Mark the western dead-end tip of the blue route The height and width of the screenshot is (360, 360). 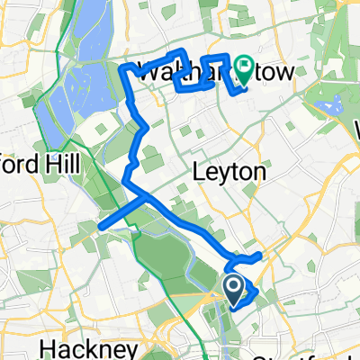(100, 226)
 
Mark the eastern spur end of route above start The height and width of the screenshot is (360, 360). (261, 256)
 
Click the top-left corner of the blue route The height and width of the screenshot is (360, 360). (122, 65)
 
